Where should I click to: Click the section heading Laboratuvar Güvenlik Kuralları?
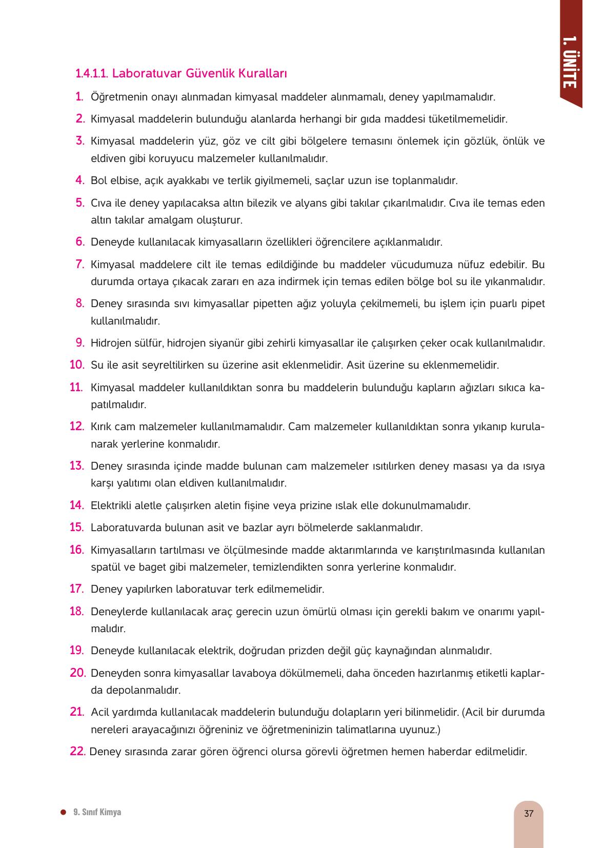pyautogui.click(x=181, y=73)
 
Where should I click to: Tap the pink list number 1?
pyautogui.click(x=79, y=96)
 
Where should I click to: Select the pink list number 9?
pyautogui.click(x=79, y=342)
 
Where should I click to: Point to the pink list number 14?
pyautogui.click(x=76, y=505)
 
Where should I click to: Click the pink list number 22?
pyautogui.click(x=77, y=751)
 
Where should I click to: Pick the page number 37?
pyautogui.click(x=529, y=813)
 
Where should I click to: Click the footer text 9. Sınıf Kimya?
pyautogui.click(x=97, y=812)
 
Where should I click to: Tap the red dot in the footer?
pyautogui.click(x=63, y=812)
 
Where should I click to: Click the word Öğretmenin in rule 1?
pyautogui.click(x=116, y=97)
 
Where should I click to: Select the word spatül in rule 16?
pyautogui.click(x=105, y=567)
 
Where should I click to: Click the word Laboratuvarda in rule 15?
pyautogui.click(x=122, y=528)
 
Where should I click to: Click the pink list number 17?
pyautogui.click(x=76, y=589)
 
